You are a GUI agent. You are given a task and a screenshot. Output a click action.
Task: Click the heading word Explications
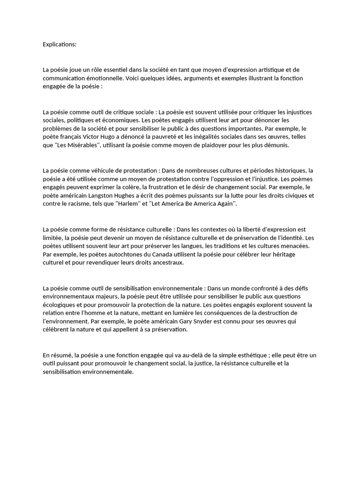59,45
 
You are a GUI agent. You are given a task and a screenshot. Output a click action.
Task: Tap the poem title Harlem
124,204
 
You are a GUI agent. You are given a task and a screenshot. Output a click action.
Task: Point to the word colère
129,187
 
